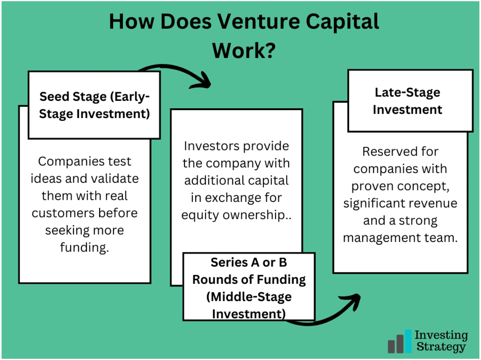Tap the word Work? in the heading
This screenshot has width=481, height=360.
point(244,50)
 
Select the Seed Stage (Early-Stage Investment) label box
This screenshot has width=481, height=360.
point(94,105)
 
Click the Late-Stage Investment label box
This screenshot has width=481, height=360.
point(410,101)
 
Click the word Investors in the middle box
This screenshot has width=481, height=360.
point(212,146)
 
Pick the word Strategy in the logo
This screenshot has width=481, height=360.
point(440,347)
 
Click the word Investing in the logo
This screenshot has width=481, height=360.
point(441,335)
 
